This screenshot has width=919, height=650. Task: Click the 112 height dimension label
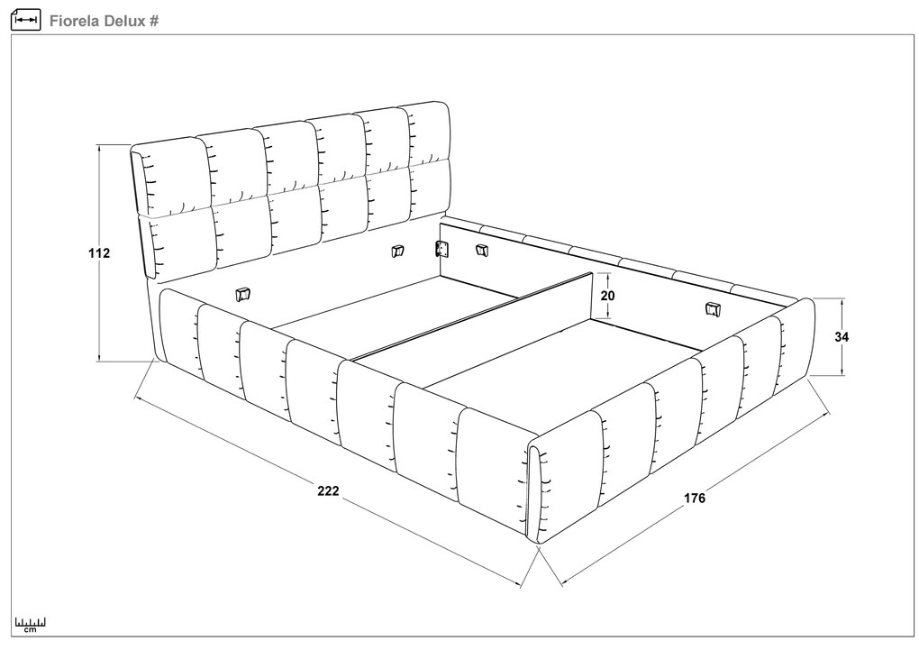coord(99,253)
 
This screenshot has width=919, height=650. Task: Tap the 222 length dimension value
coord(328,491)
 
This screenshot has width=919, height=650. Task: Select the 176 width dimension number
coord(695,498)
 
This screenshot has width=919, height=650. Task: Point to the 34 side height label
coord(842,337)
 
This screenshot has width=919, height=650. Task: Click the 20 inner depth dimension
coord(608,296)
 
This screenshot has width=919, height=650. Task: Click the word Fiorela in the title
coord(75,21)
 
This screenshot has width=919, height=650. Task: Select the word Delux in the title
coord(124,21)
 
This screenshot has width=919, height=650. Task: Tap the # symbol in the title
coord(153,21)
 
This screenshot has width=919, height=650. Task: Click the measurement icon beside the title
coord(26,20)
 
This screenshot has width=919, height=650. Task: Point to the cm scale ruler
coord(31,625)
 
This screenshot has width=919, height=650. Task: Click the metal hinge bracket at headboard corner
coord(441,250)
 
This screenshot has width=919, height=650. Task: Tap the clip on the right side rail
coord(712,309)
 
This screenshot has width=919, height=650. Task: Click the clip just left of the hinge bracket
coord(398,252)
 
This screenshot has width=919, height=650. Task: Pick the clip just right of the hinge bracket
coord(481,250)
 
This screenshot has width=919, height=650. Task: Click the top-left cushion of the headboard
coord(171,176)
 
